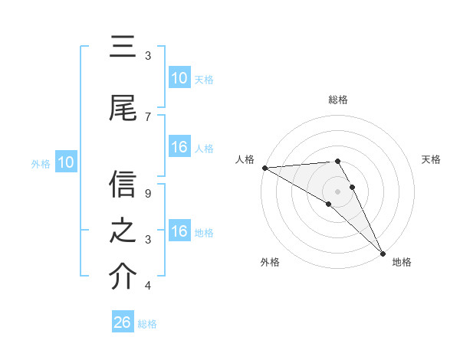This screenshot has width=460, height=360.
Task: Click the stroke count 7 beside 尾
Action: [148, 116]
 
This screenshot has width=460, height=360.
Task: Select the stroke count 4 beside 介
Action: [148, 286]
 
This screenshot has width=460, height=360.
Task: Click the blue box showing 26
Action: [123, 322]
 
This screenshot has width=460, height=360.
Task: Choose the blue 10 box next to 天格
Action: [179, 78]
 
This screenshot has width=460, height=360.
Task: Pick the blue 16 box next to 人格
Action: [179, 148]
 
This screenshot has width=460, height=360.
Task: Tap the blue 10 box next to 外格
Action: [66, 162]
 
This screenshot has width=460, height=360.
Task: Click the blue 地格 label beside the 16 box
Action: [205, 233]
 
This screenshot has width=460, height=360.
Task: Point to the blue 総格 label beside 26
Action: [147, 324]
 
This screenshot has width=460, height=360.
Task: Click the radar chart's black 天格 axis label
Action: [432, 159]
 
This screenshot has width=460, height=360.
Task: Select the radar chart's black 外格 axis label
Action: [270, 262]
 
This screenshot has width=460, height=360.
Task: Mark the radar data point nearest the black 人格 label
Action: [264, 168]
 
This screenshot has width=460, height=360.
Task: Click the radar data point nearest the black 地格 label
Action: [382, 252]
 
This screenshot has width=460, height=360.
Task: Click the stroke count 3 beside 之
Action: [148, 240]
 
